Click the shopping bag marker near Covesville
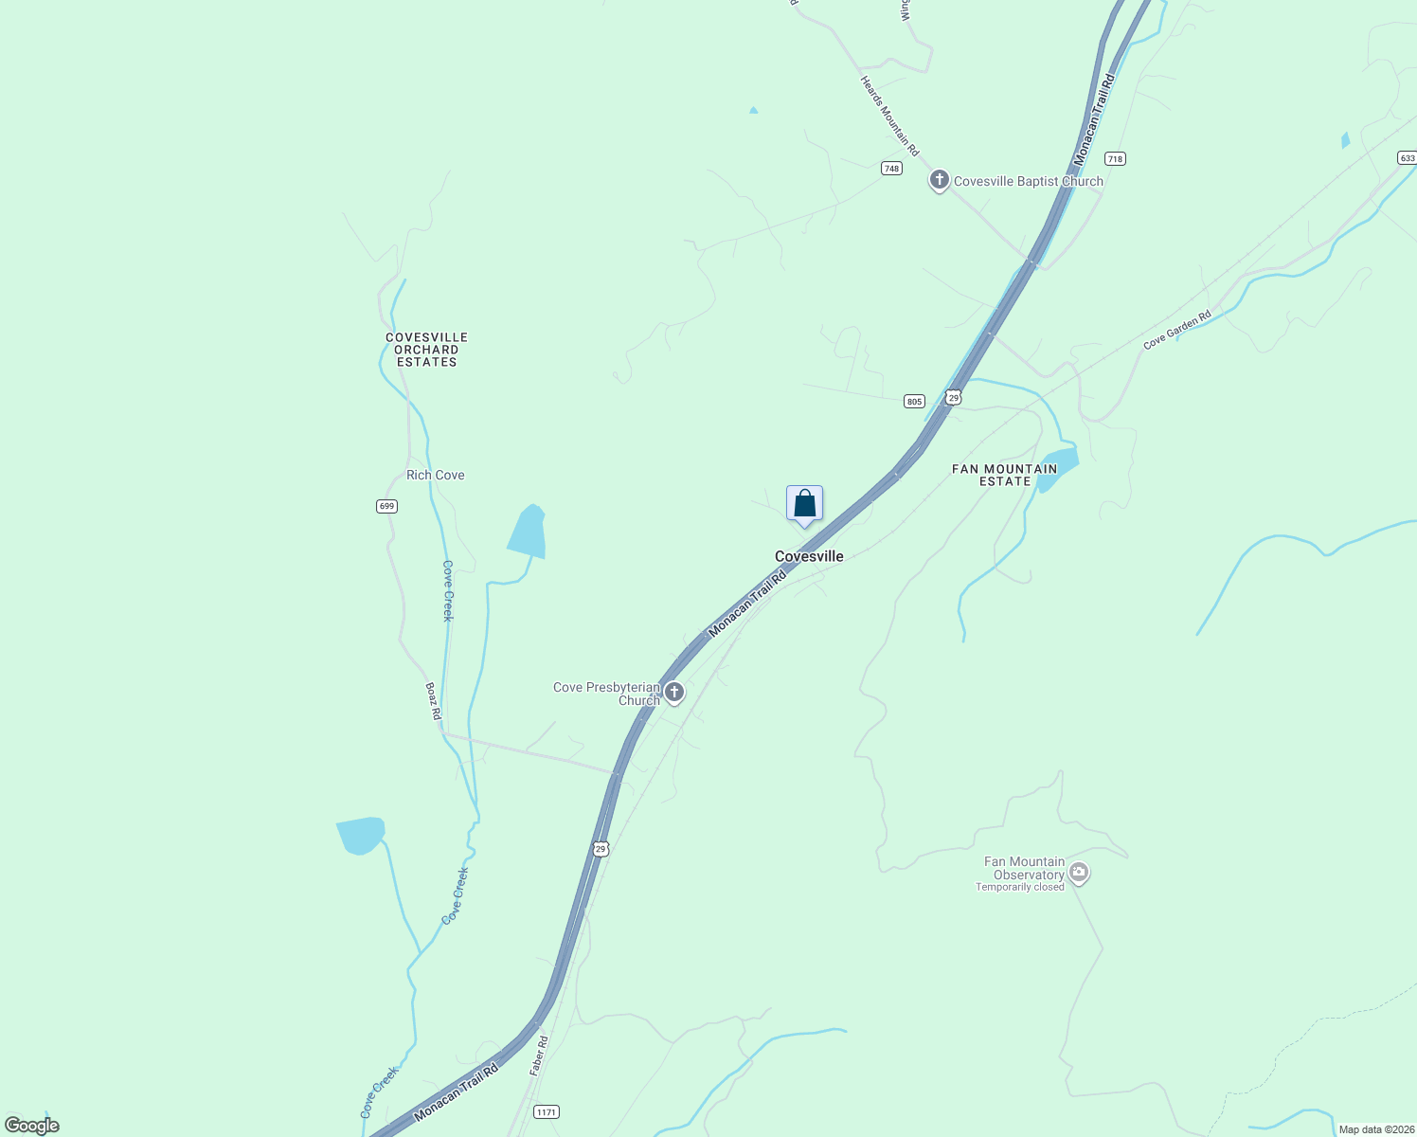pyautogui.click(x=804, y=504)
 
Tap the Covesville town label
pyautogui.click(x=809, y=556)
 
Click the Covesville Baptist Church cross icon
pyautogui.click(x=939, y=180)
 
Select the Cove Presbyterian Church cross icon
pyautogui.click(x=674, y=693)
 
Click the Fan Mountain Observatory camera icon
pyautogui.click(x=1078, y=873)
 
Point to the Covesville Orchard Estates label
pyautogui.click(x=426, y=350)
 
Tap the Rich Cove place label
pyautogui.click(x=435, y=475)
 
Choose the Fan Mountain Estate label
pyautogui.click(x=1004, y=475)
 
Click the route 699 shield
pyautogui.click(x=386, y=506)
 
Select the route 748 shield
pyautogui.click(x=890, y=168)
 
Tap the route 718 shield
pyautogui.click(x=1115, y=159)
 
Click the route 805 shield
pyautogui.click(x=913, y=402)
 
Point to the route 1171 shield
pyautogui.click(x=546, y=1111)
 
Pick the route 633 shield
pyautogui.click(x=1407, y=158)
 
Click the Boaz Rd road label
pyautogui.click(x=433, y=701)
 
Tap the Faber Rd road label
pyautogui.click(x=538, y=1055)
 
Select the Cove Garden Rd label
pyautogui.click(x=1176, y=331)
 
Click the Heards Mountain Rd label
pyautogui.click(x=889, y=117)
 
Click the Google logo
pyautogui.click(x=31, y=1126)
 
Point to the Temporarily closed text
pyautogui.click(x=1019, y=887)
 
